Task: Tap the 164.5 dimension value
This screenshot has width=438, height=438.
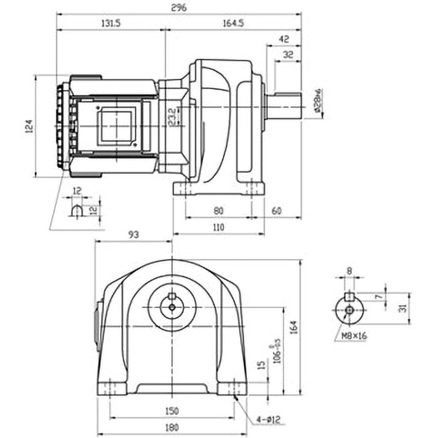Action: point(233,23)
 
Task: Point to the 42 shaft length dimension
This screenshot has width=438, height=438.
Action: point(284,39)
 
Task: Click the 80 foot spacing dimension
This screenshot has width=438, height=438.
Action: point(218,210)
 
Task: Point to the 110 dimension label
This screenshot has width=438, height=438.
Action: point(218,227)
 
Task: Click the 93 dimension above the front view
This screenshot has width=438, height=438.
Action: point(134,234)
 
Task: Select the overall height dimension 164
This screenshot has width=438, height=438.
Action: point(294,327)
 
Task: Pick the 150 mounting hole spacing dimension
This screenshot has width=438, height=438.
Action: point(172,411)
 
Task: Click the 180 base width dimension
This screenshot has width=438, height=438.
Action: point(172,427)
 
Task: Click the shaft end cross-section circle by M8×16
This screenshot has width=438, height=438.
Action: point(349,310)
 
